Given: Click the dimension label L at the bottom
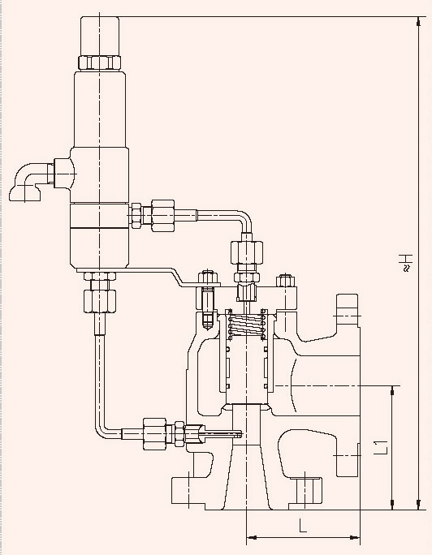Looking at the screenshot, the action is pyautogui.click(x=302, y=526).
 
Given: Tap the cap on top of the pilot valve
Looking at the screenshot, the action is pyautogui.click(x=100, y=36).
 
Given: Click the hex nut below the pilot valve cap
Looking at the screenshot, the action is pyautogui.click(x=100, y=62).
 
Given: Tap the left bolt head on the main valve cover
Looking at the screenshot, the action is pyautogui.click(x=208, y=277).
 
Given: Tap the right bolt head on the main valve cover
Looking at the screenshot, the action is pyautogui.click(x=285, y=280).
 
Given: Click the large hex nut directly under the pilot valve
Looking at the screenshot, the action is pyautogui.click(x=100, y=301).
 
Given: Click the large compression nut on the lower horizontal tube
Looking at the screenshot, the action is pyautogui.click(x=155, y=433).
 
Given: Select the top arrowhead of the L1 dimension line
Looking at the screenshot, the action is pyautogui.click(x=392, y=390).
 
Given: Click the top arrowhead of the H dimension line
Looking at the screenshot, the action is pyautogui.click(x=418, y=22).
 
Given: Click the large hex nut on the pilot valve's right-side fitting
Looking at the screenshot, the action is pyautogui.click(x=162, y=216).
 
